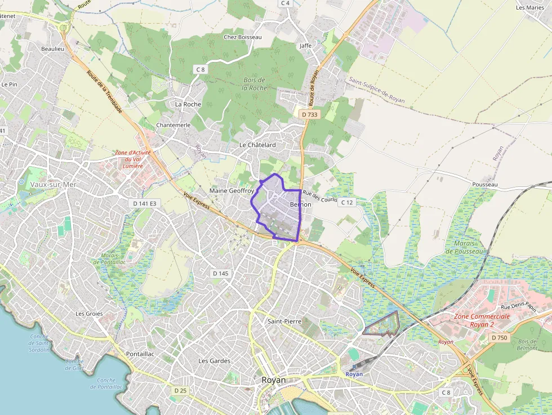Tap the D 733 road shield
[x=309, y=114]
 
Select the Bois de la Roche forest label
[x=255, y=84]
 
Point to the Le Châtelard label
[x=257, y=145]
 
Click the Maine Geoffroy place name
[x=232, y=191]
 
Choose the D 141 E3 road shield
[x=144, y=203]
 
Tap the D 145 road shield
[x=221, y=273]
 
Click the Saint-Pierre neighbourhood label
[x=284, y=321]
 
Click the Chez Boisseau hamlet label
[x=243, y=37]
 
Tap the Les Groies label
[x=89, y=314]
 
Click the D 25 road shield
[x=180, y=390]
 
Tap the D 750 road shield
[x=499, y=337]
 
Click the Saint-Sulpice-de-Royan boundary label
[x=377, y=90]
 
